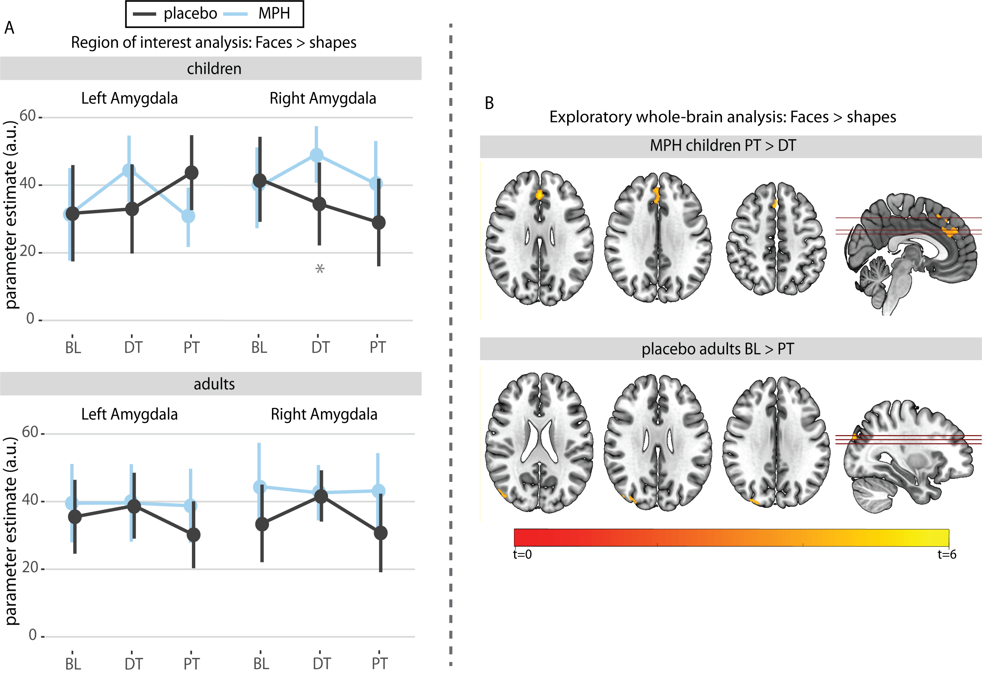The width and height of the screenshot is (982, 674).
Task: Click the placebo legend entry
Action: [175, 13]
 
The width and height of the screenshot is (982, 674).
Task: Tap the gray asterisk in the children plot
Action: [319, 268]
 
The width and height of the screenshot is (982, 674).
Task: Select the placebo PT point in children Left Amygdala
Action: [192, 173]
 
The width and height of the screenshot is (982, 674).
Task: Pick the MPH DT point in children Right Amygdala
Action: [316, 155]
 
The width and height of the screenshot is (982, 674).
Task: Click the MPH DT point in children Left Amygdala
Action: [129, 170]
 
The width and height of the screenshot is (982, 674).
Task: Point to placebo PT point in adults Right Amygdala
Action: [380, 533]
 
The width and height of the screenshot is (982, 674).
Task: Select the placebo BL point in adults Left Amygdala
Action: [75, 517]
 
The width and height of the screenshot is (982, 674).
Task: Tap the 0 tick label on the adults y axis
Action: [33, 635]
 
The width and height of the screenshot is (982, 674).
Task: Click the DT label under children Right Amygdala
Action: [320, 347]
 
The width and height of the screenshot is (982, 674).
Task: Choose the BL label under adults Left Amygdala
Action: [73, 664]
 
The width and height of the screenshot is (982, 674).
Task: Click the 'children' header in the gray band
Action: [214, 69]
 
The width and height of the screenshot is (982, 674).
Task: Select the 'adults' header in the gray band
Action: [214, 384]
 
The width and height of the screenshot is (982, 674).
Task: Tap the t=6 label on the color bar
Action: [946, 554]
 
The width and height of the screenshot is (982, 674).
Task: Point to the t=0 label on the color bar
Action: [522, 554]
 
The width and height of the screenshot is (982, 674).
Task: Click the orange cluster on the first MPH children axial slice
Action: [539, 195]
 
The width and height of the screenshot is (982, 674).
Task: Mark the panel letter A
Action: [9, 28]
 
